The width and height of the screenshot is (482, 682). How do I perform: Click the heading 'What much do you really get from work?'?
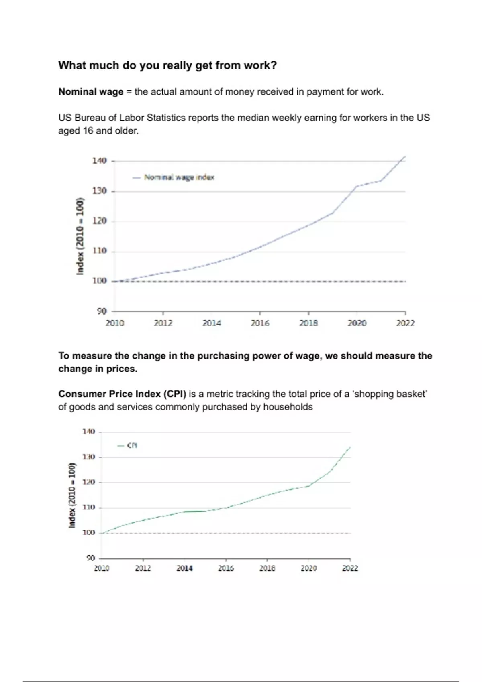167,65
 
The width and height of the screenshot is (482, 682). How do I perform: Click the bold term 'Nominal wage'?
91,92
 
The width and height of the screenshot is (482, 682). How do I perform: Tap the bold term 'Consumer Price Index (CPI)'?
122,394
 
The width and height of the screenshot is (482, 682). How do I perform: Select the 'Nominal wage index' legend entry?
179,177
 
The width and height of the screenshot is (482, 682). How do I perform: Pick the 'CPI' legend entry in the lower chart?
132,445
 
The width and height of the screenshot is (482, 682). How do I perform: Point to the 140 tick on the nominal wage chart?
99,161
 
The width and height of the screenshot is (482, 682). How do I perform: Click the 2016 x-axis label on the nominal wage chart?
260,323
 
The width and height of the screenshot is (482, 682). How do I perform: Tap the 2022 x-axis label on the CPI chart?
350,568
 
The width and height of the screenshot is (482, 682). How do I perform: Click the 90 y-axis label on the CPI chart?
90,558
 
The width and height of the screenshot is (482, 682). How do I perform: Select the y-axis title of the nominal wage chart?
80,236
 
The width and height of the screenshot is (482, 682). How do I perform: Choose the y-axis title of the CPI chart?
72,495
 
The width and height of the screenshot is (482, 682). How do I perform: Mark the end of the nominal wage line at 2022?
405,156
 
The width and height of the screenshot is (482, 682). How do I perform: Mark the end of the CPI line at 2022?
350,447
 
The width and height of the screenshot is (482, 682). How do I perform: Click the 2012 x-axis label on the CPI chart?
143,568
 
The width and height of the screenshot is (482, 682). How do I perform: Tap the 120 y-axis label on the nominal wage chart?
99,221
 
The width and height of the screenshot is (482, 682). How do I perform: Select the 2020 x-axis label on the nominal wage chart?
357,323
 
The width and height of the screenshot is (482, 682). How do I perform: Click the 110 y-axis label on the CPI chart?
88,507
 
